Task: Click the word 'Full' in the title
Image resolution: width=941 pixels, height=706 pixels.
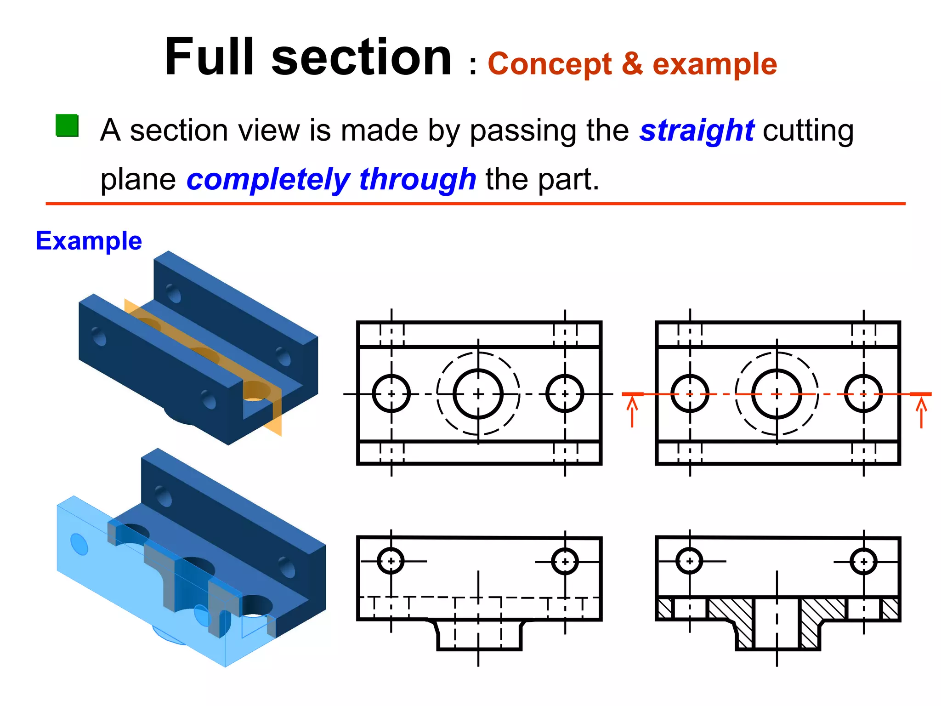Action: click(209, 57)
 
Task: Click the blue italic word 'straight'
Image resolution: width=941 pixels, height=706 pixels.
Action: click(697, 131)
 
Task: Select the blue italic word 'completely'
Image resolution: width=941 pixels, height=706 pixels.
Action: click(268, 179)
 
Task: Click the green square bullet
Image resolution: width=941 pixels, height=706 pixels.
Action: click(67, 125)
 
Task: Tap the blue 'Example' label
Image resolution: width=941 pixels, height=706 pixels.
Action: click(89, 241)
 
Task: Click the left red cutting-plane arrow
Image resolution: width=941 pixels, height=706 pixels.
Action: click(632, 411)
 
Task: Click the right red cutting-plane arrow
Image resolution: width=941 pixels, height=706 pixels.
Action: click(921, 411)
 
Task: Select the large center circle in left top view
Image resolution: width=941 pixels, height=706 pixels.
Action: click(478, 394)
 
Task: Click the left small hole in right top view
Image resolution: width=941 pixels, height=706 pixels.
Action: click(690, 394)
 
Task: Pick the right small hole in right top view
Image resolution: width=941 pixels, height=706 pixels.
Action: click(863, 394)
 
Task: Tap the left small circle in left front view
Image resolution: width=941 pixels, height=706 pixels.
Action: click(391, 561)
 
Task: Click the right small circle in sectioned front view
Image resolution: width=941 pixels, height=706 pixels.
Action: click(863, 561)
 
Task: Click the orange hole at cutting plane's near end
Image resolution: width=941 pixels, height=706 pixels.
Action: click(256, 391)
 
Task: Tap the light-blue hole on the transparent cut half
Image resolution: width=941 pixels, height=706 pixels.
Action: click(79, 544)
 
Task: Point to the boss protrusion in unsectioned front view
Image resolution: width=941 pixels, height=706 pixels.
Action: click(479, 635)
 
